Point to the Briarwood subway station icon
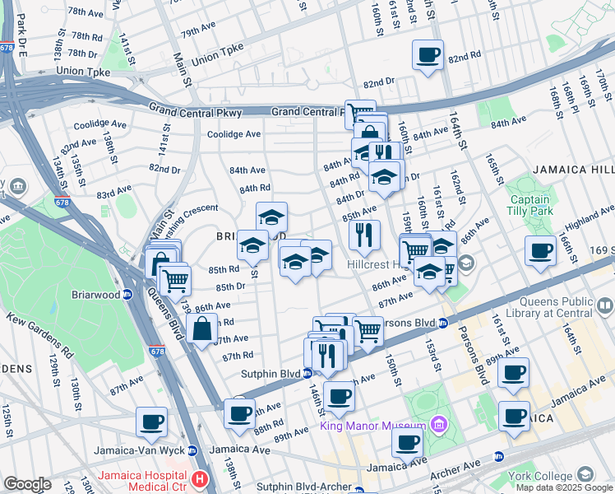click(127, 294)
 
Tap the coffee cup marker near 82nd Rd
click(428, 56)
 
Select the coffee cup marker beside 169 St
click(541, 251)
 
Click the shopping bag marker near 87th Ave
click(202, 331)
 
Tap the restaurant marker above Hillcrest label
click(363, 235)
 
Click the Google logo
click(27, 484)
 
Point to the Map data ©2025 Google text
click(563, 487)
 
